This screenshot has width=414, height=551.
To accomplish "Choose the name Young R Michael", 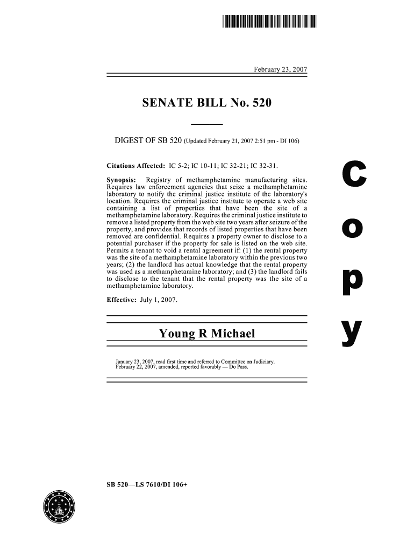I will click(206, 334).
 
